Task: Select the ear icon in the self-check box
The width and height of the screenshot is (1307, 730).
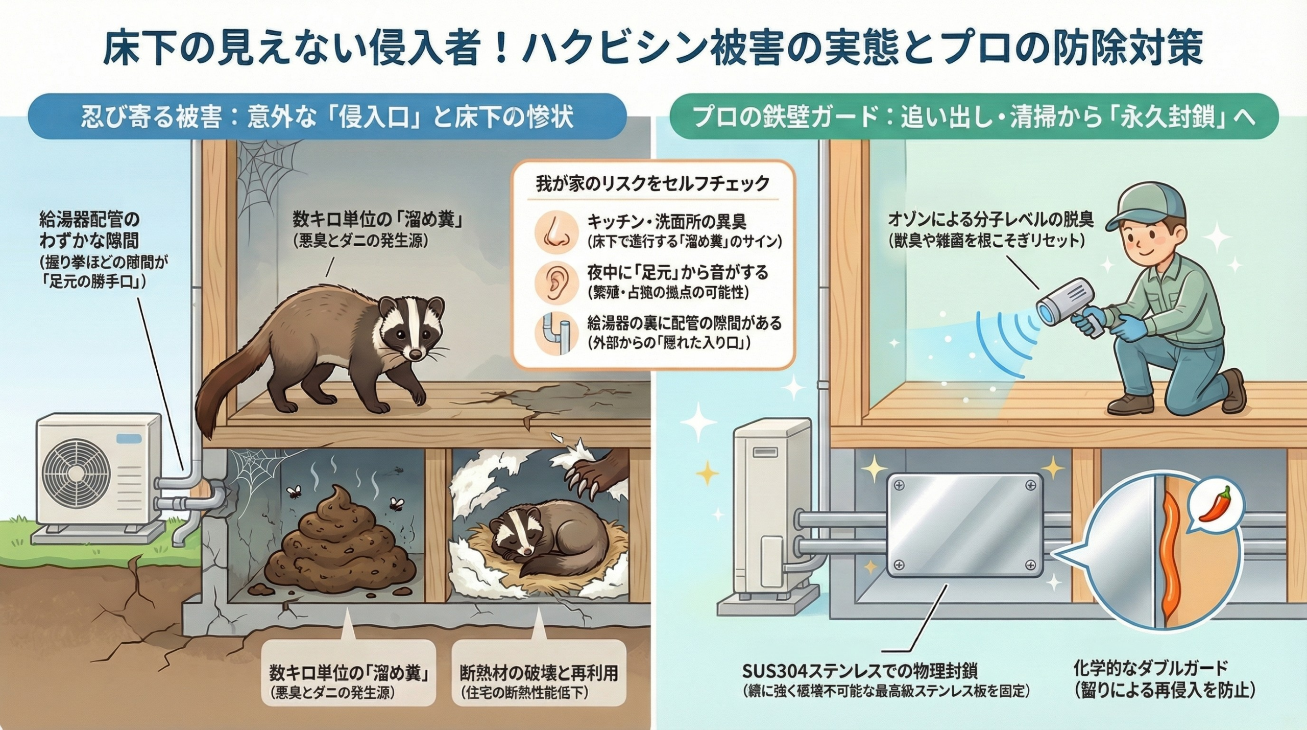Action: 555,282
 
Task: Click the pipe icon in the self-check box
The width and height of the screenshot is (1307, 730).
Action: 555,334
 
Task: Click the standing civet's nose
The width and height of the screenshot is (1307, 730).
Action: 416,354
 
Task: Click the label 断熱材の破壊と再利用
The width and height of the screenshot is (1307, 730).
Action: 539,673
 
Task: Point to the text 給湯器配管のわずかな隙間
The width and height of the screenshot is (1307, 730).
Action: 89,230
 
